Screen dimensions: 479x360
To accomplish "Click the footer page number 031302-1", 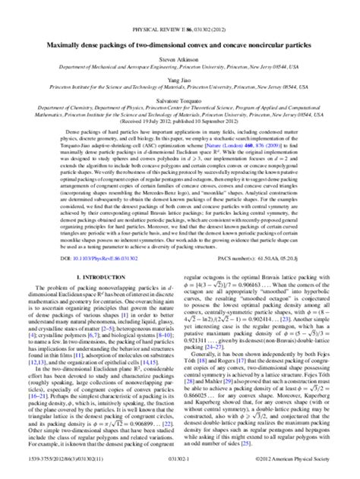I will coord(180,470).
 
